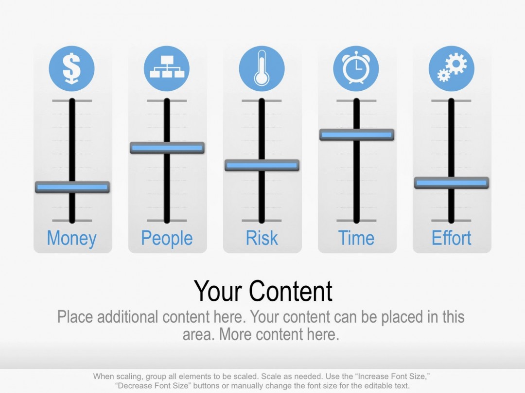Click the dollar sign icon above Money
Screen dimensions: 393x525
tap(72, 68)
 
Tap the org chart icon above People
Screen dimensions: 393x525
tap(167, 68)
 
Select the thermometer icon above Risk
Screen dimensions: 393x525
tap(262, 68)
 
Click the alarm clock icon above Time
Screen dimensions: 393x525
tap(356, 68)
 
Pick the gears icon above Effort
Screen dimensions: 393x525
tap(451, 68)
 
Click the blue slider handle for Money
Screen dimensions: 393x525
tap(72, 187)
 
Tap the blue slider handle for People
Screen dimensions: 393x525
tap(167, 147)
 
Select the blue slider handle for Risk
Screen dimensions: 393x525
tap(262, 165)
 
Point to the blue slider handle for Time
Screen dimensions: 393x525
tap(356, 134)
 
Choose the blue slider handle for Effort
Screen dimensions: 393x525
tap(451, 182)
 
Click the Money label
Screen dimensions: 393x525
tap(72, 238)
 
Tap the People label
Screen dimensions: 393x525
tap(167, 238)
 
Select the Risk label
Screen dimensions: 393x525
tap(262, 238)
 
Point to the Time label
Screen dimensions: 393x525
tap(356, 238)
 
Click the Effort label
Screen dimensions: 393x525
tap(451, 238)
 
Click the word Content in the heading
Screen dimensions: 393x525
tap(291, 291)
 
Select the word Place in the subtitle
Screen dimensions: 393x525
tap(75, 317)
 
